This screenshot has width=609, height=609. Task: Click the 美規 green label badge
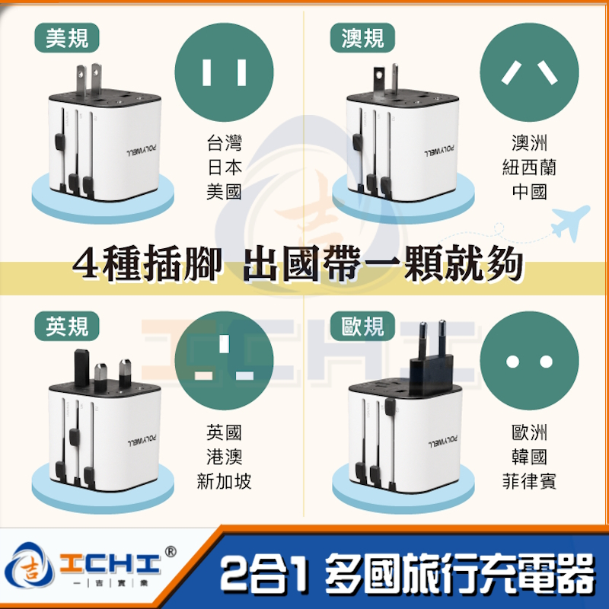(67, 38)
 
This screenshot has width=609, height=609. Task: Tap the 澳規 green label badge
(362, 38)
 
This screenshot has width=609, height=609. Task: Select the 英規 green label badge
(67, 326)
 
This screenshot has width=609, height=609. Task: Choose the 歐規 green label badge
(362, 326)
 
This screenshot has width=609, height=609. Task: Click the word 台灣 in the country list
(224, 142)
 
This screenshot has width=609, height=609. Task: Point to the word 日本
(224, 167)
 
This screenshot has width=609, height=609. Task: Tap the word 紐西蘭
(529, 167)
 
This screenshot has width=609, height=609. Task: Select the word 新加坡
(224, 481)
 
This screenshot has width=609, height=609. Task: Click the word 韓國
(529, 457)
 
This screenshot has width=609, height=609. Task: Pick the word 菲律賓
(529, 481)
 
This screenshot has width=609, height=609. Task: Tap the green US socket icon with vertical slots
(224, 72)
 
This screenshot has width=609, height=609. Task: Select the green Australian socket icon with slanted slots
(529, 72)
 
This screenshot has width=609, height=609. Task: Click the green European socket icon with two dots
(529, 361)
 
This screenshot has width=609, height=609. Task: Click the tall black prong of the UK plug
(81, 368)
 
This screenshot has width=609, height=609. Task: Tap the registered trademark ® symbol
(171, 551)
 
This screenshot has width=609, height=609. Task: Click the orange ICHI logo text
(110, 563)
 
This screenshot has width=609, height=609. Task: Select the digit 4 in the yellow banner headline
(86, 264)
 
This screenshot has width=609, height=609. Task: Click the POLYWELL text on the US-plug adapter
(142, 151)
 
